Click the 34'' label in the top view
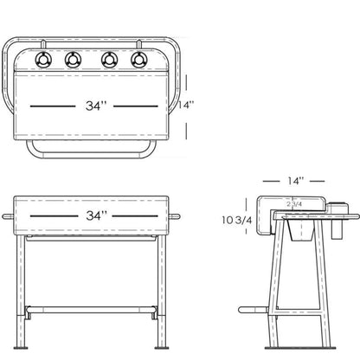click(96, 106)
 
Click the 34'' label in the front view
click(96, 214)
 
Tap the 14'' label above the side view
click(295, 181)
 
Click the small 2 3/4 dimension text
click(292, 204)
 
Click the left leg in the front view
click(21, 286)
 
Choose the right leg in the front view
click(162, 286)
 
